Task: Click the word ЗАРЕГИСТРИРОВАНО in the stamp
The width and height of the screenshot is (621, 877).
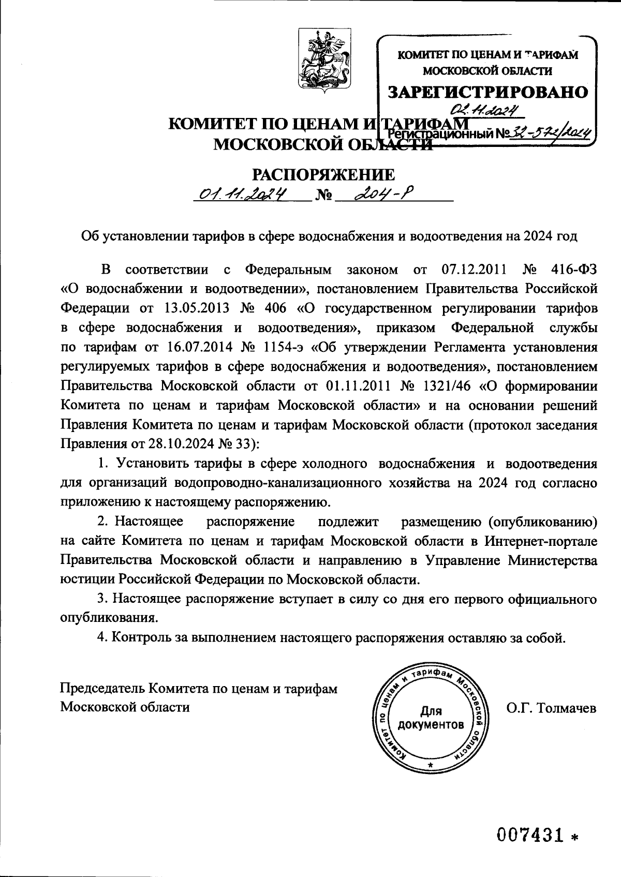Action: point(489,92)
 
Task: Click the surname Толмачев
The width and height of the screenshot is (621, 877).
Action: point(567,707)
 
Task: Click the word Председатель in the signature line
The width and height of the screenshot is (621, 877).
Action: point(102,688)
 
